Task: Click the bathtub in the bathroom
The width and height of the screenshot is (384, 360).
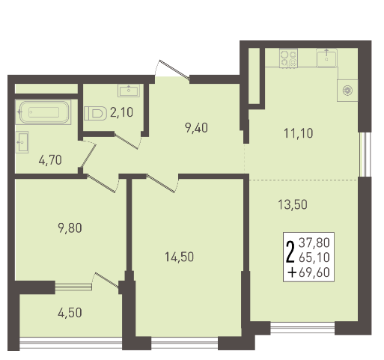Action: click(43, 112)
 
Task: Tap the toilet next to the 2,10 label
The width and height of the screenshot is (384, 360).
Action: click(95, 113)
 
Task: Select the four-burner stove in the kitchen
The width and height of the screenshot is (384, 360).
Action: click(288, 58)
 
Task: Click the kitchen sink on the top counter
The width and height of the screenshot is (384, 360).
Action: click(326, 58)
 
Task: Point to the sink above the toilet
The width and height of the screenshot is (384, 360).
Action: click(129, 91)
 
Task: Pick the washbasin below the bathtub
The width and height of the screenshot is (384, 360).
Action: click(22, 142)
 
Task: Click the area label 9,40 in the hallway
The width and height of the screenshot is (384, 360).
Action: click(196, 128)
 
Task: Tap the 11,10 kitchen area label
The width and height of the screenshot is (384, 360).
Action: click(299, 133)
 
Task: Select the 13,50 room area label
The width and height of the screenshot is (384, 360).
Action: click(293, 204)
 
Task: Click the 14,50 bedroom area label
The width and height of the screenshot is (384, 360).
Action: click(179, 257)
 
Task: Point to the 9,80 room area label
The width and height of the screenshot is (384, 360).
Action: click(70, 228)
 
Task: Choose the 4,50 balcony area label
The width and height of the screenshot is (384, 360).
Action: click(70, 313)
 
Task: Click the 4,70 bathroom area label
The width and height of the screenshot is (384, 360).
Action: click(50, 160)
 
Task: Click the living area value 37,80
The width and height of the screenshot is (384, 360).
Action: click(314, 242)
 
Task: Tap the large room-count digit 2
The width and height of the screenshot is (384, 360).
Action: click(290, 252)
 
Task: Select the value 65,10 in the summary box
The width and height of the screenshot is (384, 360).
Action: click(314, 257)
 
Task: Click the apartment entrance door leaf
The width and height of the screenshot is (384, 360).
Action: click(174, 70)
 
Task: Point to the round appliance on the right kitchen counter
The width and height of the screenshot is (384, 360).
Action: click(347, 91)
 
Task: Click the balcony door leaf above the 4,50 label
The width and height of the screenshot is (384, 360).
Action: click(107, 280)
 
